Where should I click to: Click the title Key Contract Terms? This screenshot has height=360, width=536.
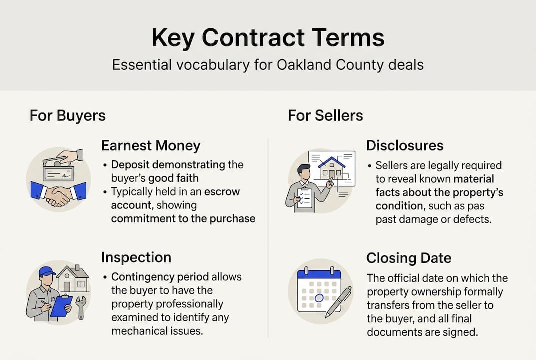pyautogui.click(x=268, y=38)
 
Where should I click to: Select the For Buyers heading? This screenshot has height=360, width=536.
pyautogui.click(x=67, y=115)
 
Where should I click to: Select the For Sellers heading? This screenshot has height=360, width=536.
pyautogui.click(x=325, y=115)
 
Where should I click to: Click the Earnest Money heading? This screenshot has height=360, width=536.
pyautogui.click(x=151, y=146)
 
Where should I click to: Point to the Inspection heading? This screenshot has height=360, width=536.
pyautogui.click(x=136, y=257)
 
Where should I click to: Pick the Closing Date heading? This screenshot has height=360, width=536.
pyautogui.click(x=408, y=258)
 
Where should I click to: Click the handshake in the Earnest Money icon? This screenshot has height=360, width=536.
pyautogui.click(x=58, y=196)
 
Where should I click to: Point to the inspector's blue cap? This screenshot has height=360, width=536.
pyautogui.click(x=47, y=271)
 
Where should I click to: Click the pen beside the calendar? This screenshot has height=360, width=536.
pyautogui.click(x=338, y=301)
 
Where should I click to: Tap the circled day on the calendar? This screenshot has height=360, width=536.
pyautogui.click(x=318, y=299)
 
